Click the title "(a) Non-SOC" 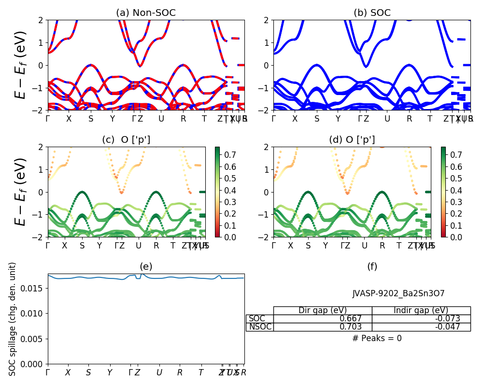click(146, 13)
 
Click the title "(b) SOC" click(371, 13)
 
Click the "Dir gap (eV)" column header click(322, 310)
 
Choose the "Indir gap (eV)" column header click(421, 310)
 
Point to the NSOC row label click(260, 327)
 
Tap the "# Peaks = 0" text click(377, 338)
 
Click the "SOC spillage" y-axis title click(13, 319)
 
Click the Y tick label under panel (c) click(99, 246)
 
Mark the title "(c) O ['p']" click(126, 140)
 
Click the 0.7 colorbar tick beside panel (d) click(456, 154)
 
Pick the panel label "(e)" click(146, 266)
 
